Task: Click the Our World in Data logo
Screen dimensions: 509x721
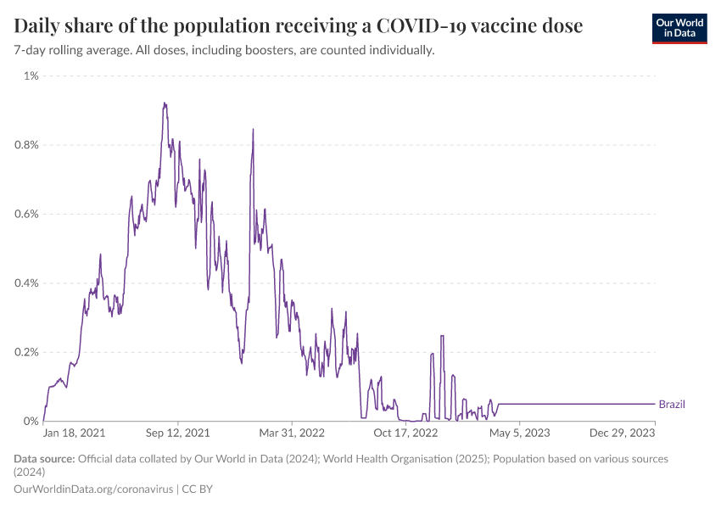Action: (x=679, y=28)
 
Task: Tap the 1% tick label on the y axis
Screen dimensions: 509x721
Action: (x=31, y=76)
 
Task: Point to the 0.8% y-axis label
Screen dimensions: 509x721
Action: (x=27, y=145)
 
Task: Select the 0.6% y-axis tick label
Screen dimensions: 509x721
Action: (x=27, y=214)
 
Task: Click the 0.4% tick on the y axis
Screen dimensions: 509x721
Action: (x=27, y=283)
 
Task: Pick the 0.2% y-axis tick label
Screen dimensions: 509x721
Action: (x=27, y=352)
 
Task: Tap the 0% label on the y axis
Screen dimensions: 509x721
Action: (x=31, y=422)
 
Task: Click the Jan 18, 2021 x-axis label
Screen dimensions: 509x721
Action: (x=75, y=433)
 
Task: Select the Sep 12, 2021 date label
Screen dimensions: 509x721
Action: (x=178, y=433)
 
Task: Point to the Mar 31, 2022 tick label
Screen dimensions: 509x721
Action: (x=292, y=433)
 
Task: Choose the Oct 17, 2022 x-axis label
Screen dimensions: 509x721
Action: (x=405, y=433)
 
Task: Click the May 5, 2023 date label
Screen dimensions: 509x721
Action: (x=519, y=433)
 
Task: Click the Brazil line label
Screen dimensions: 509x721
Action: (x=672, y=405)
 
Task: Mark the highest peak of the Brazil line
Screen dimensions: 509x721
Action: (x=164, y=103)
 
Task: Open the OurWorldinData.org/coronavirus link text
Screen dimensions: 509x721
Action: (x=93, y=489)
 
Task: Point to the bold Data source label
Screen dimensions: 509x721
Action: (x=44, y=459)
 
